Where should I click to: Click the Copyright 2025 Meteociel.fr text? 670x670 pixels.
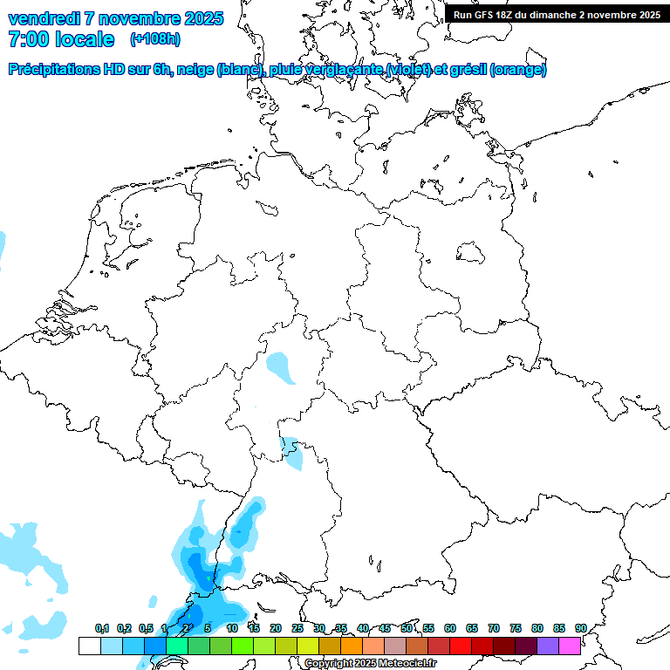click(370, 664)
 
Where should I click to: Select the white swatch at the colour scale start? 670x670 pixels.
click(89, 646)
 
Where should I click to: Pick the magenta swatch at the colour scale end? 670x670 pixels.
click(569, 646)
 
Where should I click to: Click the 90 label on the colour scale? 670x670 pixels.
click(580, 628)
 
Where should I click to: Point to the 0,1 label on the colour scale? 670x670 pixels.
click(101, 628)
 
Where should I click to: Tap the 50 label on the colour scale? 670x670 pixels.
click(407, 628)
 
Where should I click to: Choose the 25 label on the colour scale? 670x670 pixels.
click(297, 628)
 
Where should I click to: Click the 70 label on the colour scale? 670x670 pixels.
click(494, 628)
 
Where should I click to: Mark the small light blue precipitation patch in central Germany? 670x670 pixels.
click(281, 366)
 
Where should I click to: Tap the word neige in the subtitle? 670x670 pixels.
click(194, 70)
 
